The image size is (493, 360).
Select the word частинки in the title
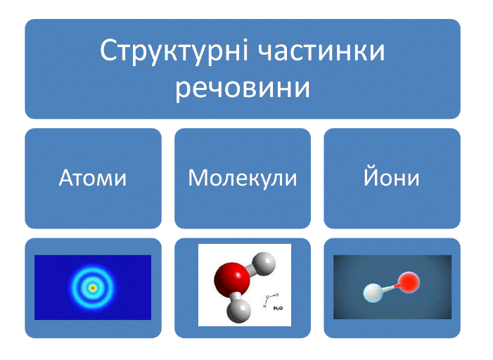[x=321, y=51]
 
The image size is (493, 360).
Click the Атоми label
[x=93, y=178]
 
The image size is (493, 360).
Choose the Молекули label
[x=243, y=179]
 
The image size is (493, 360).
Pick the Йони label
[x=392, y=176]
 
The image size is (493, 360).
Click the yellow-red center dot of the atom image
[x=93, y=288]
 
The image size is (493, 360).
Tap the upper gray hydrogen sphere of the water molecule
[x=264, y=264]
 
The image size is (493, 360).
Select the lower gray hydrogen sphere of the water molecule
[x=239, y=311]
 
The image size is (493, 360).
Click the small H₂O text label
[x=278, y=309]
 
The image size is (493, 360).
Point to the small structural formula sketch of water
[x=270, y=300]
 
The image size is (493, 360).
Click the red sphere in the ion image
[x=409, y=282]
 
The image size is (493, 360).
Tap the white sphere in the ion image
[x=374, y=292]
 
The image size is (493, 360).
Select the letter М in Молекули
[x=198, y=179]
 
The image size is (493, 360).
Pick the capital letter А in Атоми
[x=67, y=179]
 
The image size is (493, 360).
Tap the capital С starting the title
[x=108, y=51]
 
